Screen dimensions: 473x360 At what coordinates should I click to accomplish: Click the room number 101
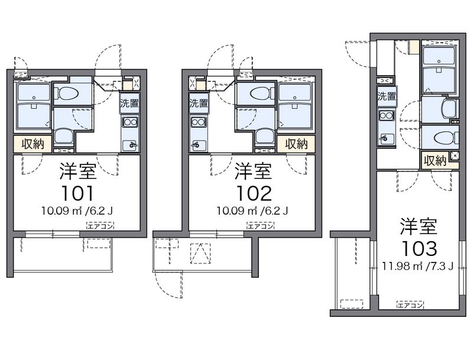pos(77,193)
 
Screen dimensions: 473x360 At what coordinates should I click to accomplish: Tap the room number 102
pos(254,193)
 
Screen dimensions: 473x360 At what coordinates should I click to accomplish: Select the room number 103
pos(419,249)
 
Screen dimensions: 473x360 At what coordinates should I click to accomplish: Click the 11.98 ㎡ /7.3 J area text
pos(418,266)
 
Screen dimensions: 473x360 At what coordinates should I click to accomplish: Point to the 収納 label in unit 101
pos(33,144)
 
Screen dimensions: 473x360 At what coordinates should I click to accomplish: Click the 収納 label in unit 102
pos(296,144)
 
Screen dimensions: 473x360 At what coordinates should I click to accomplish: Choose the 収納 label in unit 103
pos(435,160)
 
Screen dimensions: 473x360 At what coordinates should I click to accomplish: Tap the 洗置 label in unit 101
pos(129,103)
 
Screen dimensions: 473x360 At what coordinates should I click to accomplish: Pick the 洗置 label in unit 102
pos(199,103)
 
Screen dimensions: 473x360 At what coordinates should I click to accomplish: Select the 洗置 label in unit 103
pos(387,96)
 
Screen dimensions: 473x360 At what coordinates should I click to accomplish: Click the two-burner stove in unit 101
pos(129,122)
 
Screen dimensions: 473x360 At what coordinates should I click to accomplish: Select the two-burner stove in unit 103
pos(387,115)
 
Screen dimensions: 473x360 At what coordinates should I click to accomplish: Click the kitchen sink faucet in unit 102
pos(196,145)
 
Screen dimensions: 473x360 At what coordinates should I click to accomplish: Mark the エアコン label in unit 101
pos(100,226)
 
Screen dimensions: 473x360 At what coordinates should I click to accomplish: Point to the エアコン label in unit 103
pos(410,305)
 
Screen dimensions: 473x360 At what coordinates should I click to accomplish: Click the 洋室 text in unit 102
pos(254,171)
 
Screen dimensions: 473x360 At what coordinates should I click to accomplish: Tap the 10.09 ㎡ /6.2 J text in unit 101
pos(77,210)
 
